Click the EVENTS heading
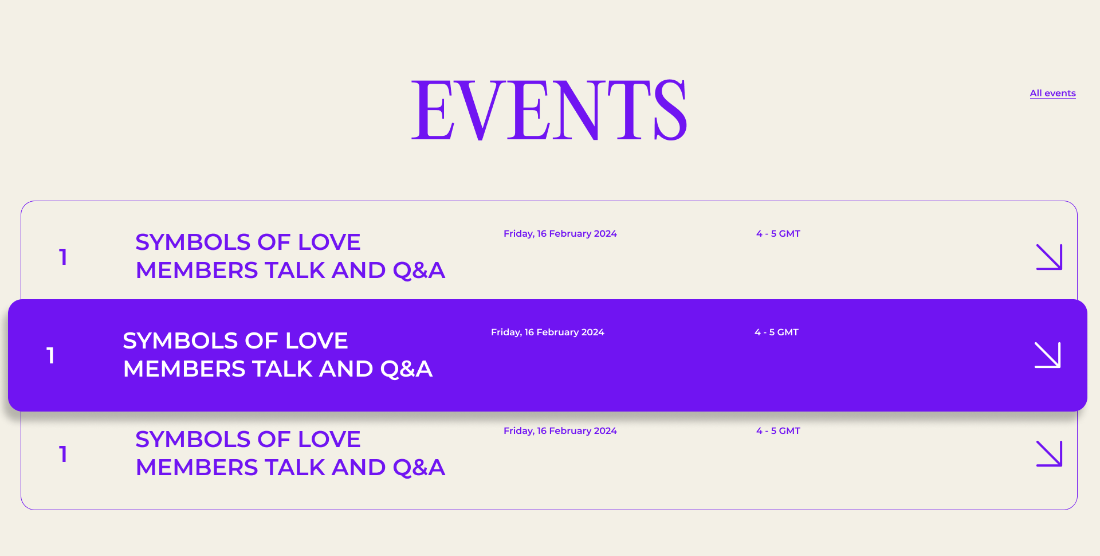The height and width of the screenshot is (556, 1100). click(549, 109)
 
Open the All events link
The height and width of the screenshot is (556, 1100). click(1052, 93)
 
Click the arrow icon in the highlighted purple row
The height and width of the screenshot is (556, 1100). click(1047, 355)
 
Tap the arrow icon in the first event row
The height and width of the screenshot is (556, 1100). click(1049, 257)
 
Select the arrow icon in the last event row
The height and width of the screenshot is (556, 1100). click(1049, 453)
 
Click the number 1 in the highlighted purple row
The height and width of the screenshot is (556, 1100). click(50, 355)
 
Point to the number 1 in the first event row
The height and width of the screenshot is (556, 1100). click(63, 257)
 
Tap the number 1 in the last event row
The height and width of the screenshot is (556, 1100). click(63, 454)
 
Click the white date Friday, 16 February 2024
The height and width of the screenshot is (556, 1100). click(547, 332)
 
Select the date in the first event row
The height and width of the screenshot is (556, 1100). click(560, 234)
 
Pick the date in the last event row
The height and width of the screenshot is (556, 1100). click(560, 431)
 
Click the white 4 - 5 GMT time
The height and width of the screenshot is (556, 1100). click(776, 332)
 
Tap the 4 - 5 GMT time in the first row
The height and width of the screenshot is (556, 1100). click(778, 234)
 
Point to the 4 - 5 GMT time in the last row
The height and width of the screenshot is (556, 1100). click(778, 431)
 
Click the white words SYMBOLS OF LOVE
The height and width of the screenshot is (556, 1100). click(235, 340)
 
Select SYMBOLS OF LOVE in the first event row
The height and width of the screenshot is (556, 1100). click(247, 242)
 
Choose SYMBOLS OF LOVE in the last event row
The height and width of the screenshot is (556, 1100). click(247, 439)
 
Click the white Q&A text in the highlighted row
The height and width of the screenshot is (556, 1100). click(406, 369)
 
